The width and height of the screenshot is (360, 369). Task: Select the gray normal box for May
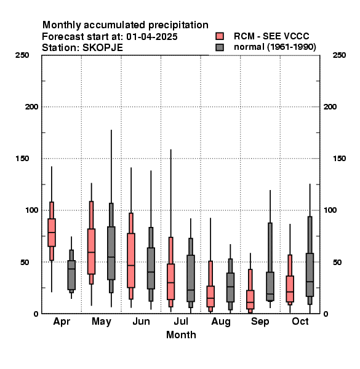tap(111, 253)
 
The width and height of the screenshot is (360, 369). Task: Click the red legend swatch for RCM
tap(220, 36)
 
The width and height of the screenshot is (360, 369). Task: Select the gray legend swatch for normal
tap(220, 47)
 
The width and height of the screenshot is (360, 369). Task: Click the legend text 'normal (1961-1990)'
tap(274, 47)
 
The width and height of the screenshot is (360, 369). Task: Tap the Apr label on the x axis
tap(62, 322)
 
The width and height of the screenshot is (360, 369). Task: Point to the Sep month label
tap(260, 322)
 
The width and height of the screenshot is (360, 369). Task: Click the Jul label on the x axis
tap(181, 321)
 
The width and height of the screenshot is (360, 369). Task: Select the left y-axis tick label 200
tap(31, 107)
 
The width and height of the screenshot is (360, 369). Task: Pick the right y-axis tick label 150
tap(340, 159)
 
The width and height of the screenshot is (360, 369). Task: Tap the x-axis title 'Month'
tap(181, 335)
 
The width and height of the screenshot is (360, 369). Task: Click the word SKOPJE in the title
tap(103, 48)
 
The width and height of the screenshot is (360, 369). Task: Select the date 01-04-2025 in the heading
tap(152, 37)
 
